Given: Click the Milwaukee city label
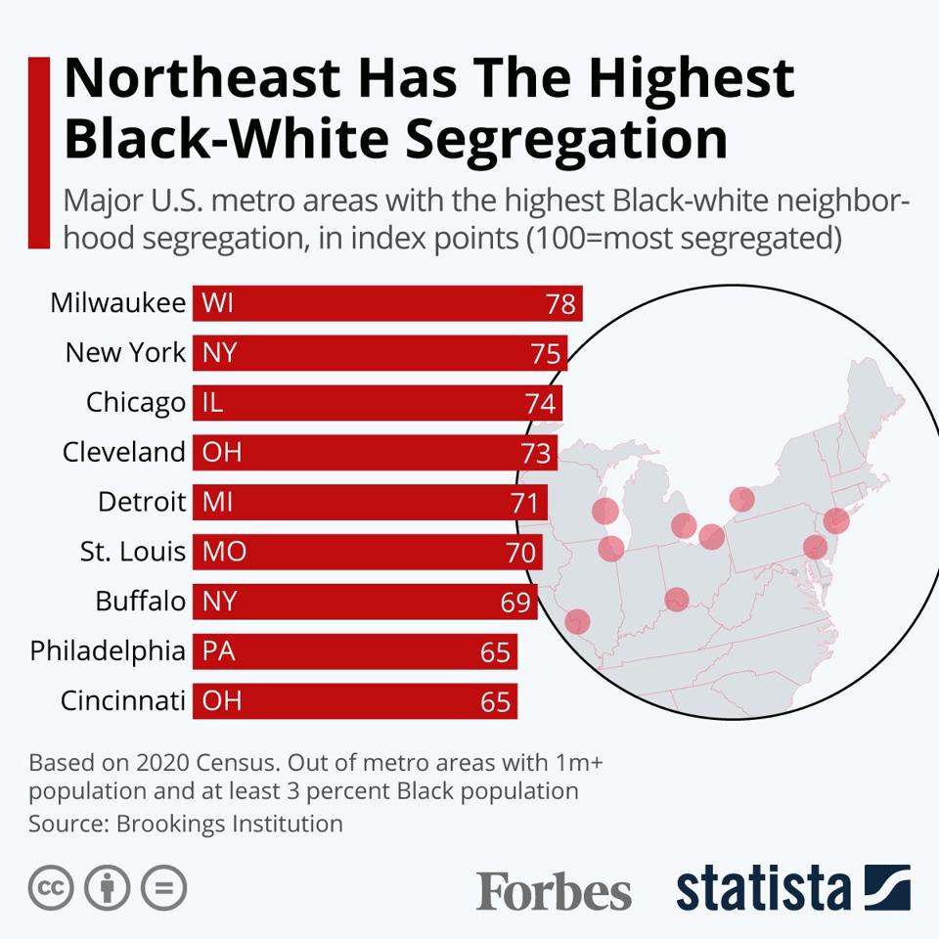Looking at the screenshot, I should click(x=117, y=303).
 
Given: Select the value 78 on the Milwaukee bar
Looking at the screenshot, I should click(x=560, y=304).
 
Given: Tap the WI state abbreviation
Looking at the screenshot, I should click(x=218, y=303).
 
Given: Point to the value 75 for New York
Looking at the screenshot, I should click(x=546, y=354).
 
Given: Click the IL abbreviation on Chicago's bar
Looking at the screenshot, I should click(x=212, y=403).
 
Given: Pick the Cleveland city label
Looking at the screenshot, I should click(x=123, y=453).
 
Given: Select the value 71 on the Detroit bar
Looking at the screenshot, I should click(x=524, y=504).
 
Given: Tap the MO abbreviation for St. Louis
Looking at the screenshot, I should click(x=224, y=552).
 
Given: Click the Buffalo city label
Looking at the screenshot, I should click(x=140, y=602).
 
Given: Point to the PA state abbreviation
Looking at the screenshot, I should click(x=219, y=651).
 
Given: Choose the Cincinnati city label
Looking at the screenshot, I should click(x=122, y=701).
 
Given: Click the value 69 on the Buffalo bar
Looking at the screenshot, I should click(x=515, y=603).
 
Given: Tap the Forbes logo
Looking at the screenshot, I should click(x=554, y=891).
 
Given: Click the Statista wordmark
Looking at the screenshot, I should click(x=763, y=888).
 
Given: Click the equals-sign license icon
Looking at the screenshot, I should click(x=163, y=887).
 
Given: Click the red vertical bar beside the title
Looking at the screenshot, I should click(x=39, y=153).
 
